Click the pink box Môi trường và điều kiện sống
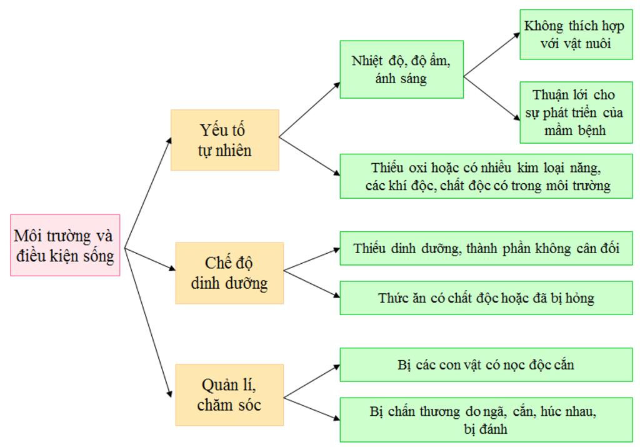coord(65,245)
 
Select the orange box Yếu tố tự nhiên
coord(224,140)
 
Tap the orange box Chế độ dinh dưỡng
coord(229,273)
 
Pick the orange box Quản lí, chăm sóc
coord(229,394)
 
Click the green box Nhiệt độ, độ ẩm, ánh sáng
coord(401,69)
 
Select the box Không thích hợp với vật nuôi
coord(576,35)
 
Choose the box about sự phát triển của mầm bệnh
coord(576,113)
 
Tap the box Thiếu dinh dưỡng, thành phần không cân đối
coord(486,248)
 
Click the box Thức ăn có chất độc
coord(486,298)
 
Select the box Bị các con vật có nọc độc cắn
coord(486,364)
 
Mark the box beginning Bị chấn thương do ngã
coord(486,419)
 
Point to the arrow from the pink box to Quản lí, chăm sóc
coord(147,321)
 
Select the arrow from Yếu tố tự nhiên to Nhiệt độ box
coord(309,109)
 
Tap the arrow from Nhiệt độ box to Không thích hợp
coord(491,55)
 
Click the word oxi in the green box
coord(421,168)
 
